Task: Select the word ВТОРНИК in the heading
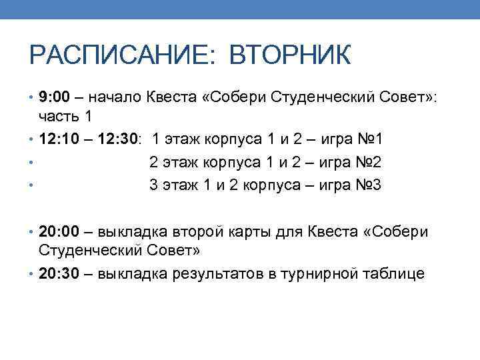[x=289, y=55]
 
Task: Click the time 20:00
[x=59, y=232]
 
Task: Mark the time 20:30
[x=59, y=274]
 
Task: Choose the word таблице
[x=393, y=274]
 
